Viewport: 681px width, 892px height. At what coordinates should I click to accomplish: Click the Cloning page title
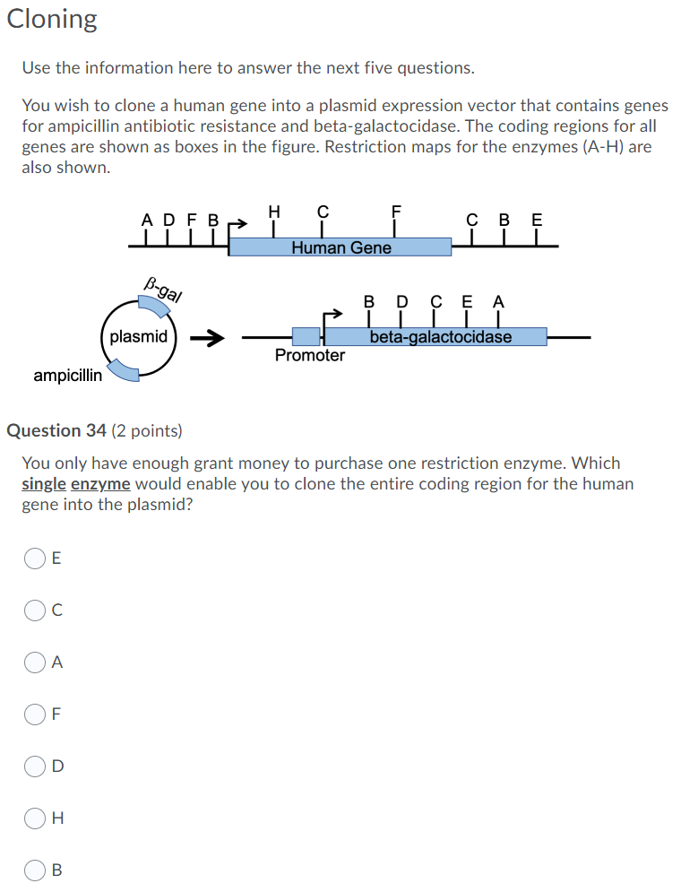coord(52,19)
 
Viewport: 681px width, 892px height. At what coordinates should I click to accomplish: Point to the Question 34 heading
coord(94,430)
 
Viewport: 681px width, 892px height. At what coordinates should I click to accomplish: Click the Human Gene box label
coord(340,247)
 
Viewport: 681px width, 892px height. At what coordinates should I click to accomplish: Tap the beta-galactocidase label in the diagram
coord(441,337)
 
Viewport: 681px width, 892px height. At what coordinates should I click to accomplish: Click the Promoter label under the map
coord(309,355)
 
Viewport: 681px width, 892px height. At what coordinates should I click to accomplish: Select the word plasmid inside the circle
coord(138,337)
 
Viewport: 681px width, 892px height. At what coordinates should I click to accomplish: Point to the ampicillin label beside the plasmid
coord(68,376)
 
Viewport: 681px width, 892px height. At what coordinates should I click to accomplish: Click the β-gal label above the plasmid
coord(163,289)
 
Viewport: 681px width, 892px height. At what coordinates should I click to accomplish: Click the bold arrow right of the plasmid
coord(207,338)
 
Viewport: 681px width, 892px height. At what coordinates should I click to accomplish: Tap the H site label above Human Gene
coord(274,212)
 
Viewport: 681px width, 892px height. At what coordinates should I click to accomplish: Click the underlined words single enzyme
coord(76,484)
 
